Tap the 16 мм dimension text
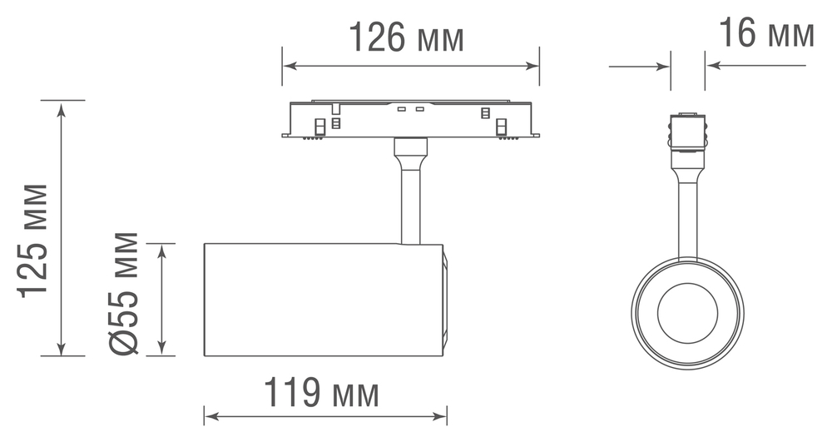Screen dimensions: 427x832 [765, 34]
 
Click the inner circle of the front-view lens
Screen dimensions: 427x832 [687, 312]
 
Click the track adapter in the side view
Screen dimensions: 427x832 [411, 119]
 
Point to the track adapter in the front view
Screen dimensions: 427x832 [687, 133]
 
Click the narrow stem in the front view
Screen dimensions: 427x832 [687, 212]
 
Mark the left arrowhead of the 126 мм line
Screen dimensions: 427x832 [287, 66]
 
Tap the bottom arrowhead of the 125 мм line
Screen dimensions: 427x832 [61, 350]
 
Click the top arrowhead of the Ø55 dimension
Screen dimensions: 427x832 [161, 248]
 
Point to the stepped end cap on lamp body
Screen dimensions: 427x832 [445, 300]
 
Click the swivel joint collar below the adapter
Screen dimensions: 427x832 [412, 150]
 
